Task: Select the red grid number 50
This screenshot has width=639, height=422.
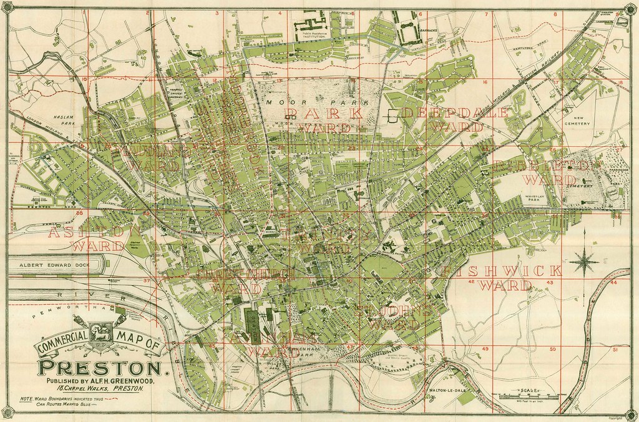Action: point(552,350)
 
